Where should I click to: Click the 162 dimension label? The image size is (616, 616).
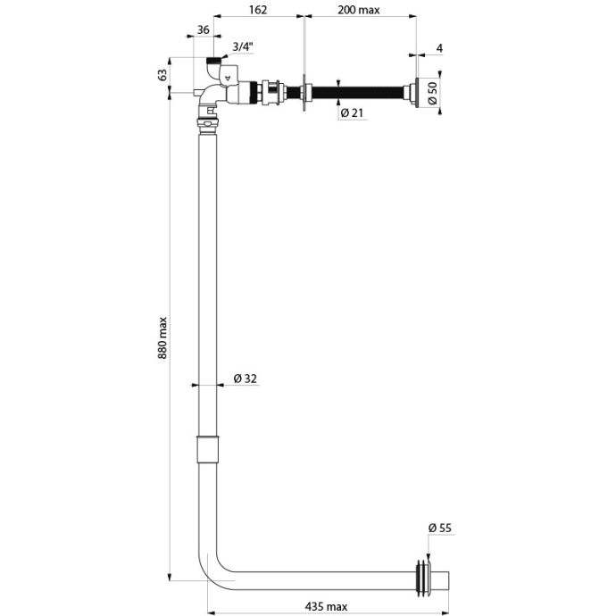[x=258, y=10]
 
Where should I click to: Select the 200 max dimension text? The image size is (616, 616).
[x=359, y=10]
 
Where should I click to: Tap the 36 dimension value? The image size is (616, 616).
[x=203, y=29]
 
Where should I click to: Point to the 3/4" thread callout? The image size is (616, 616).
[x=243, y=46]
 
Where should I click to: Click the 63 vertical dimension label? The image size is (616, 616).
[x=162, y=75]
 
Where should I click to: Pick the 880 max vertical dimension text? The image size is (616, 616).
[x=162, y=337]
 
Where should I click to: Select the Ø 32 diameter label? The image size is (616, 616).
[x=246, y=379]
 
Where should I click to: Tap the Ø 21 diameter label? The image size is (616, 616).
[x=353, y=113]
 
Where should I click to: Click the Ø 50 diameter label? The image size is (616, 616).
[x=432, y=93]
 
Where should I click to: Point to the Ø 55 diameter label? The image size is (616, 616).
[x=440, y=528]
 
